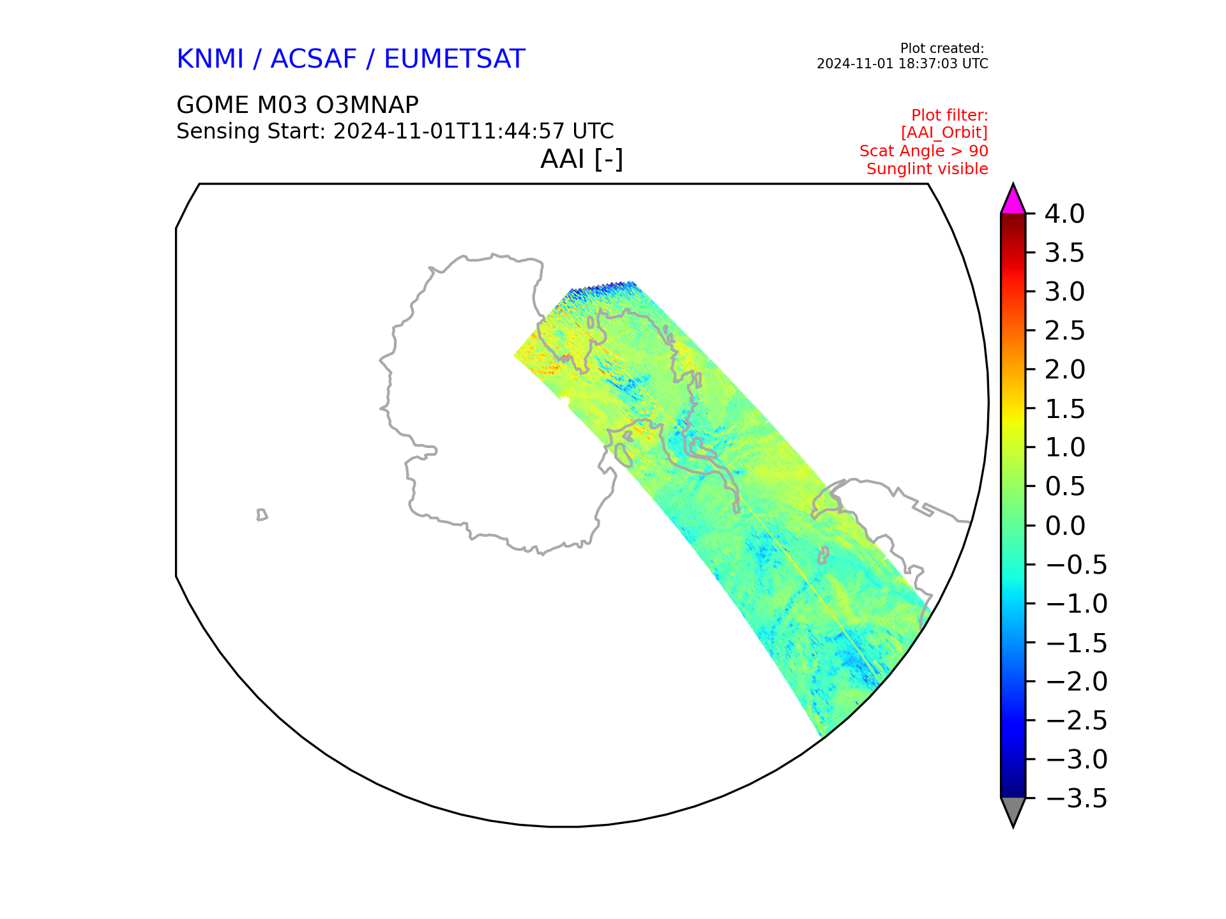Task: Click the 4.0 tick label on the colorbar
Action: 1064,214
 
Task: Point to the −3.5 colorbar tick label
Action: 1076,799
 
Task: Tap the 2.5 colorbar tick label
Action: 1064,331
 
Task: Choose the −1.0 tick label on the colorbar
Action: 1076,604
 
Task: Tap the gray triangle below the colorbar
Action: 1013,811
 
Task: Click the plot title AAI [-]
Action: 581,159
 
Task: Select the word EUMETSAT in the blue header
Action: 454,59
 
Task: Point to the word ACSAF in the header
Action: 314,59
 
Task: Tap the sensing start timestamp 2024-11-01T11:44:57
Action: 449,131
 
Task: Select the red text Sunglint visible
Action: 927,169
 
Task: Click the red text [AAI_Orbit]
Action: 944,133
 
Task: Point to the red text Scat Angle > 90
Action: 923,151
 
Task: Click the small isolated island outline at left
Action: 262,515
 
